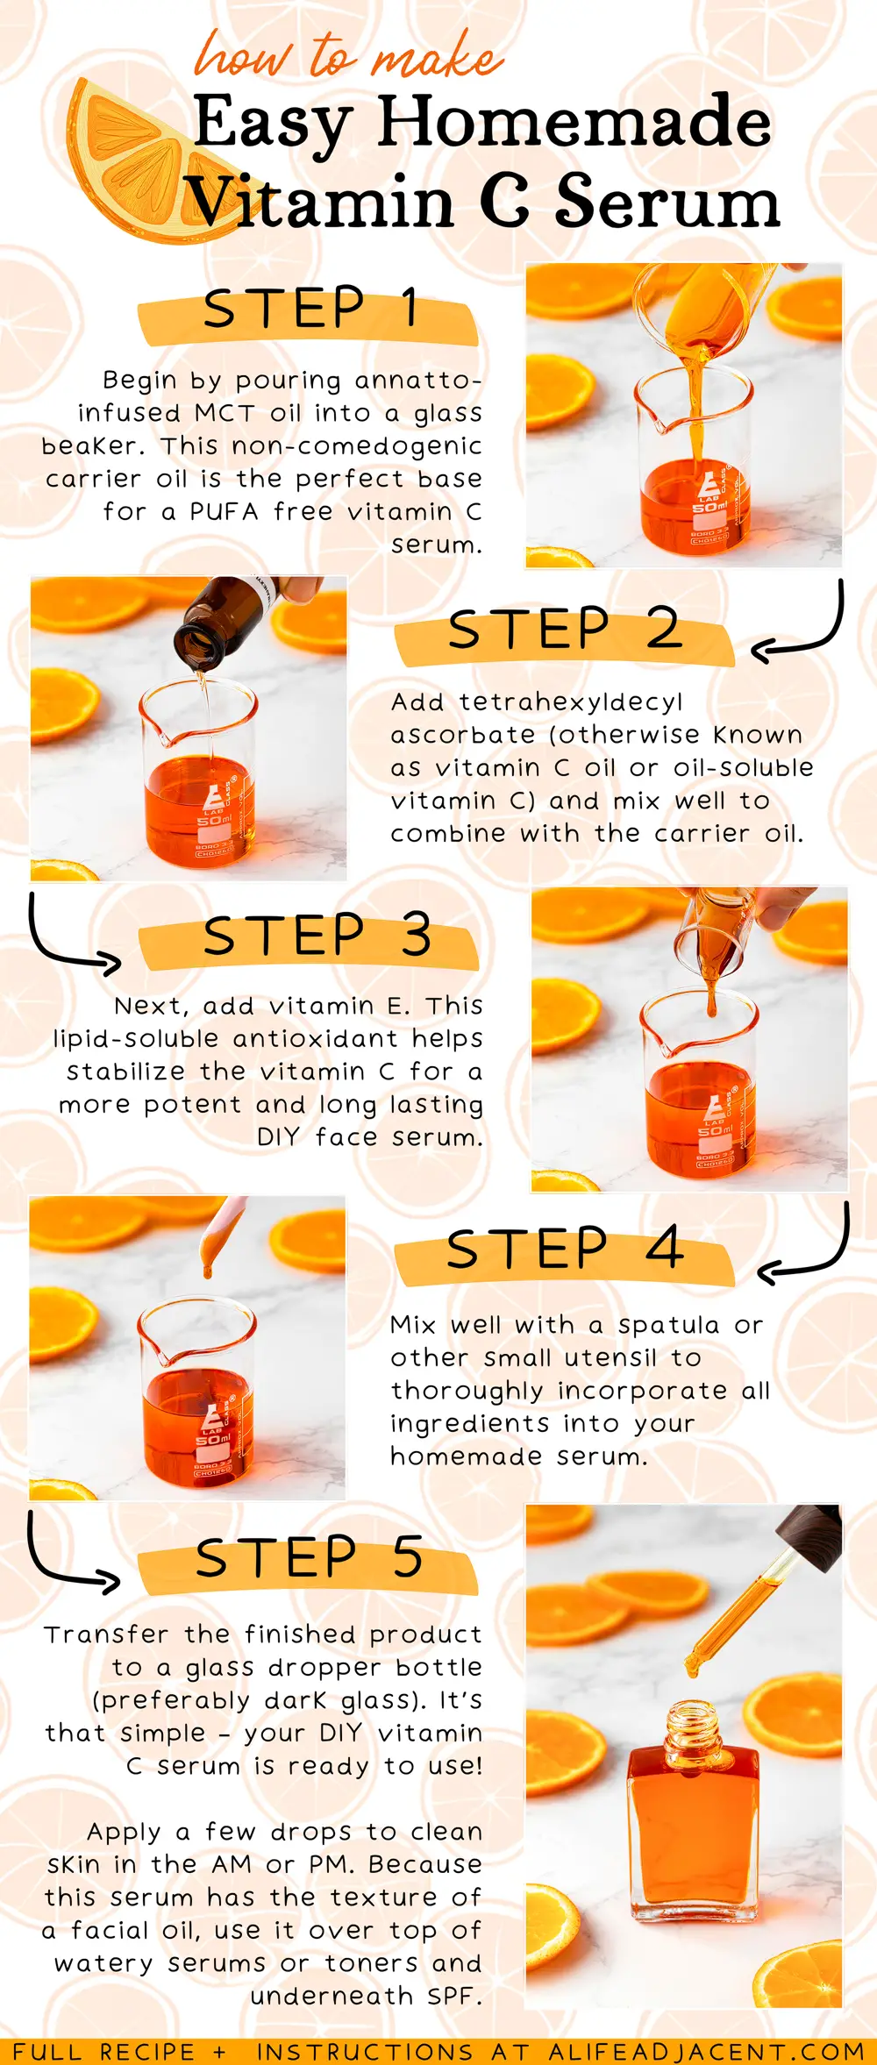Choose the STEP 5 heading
click(310, 1556)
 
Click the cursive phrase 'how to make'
click(348, 56)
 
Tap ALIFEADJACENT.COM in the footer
click(707, 2051)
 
